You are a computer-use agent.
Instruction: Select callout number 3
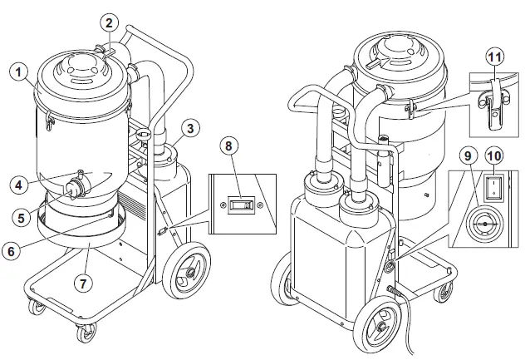tap(190, 127)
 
